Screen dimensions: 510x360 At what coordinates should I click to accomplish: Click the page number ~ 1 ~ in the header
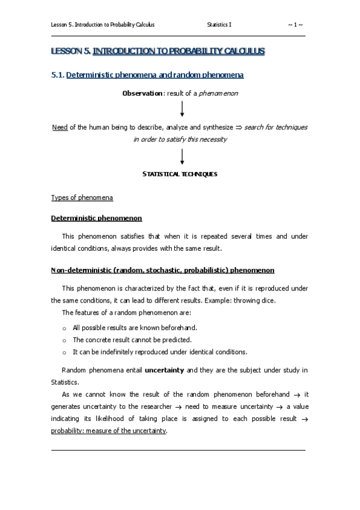(x=295, y=25)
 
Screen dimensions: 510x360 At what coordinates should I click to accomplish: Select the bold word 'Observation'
(x=142, y=93)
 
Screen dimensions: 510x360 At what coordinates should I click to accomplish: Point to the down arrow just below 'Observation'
(x=182, y=109)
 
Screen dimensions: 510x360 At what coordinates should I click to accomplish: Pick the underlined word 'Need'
(x=59, y=127)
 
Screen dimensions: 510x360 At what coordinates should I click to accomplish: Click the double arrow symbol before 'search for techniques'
(x=238, y=127)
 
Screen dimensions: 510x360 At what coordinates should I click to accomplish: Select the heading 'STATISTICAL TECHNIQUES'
(x=180, y=174)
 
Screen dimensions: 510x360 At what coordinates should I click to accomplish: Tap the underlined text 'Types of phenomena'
(x=82, y=198)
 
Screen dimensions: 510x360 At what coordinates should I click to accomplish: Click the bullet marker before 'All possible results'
(x=64, y=328)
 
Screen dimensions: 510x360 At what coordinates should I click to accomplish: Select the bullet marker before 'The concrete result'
(x=64, y=340)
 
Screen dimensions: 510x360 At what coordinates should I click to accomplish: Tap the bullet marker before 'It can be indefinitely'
(x=64, y=352)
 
